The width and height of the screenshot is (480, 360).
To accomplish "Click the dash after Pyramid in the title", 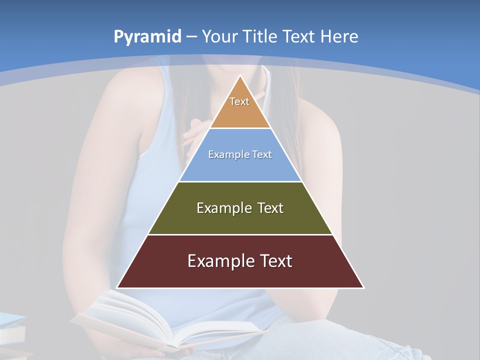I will (191, 37).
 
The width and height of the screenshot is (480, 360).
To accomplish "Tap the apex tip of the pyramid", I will (240, 76).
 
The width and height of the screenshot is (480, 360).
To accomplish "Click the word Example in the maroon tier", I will (220, 261).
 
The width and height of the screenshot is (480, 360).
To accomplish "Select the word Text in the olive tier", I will (270, 208).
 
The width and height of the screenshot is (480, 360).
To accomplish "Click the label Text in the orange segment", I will (239, 101).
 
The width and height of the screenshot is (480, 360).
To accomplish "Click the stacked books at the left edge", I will (12, 332).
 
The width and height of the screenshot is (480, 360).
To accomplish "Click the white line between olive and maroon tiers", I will (240, 234).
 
